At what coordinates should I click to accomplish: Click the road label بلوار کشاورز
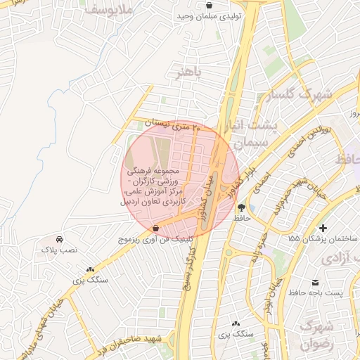coord(245,181)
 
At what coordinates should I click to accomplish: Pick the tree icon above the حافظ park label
coord(243,207)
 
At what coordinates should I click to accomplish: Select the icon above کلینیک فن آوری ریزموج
coord(155,228)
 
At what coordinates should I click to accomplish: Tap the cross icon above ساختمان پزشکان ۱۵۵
coord(323,228)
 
